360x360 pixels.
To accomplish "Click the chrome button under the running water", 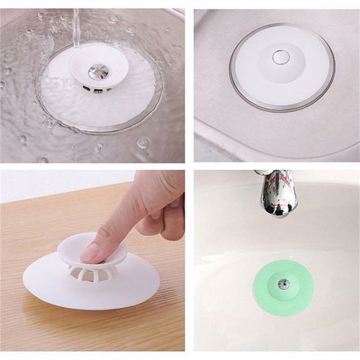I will click(99, 70).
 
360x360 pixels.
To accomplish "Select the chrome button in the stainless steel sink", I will click(281, 55).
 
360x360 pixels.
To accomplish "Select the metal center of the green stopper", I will click(284, 284).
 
